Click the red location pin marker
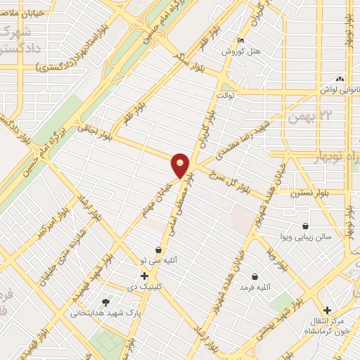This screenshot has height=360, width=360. (x=181, y=165)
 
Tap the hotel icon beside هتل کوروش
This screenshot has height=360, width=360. (x=240, y=40)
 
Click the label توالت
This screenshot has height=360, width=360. (x=224, y=94)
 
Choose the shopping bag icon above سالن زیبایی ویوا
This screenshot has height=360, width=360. (x=306, y=226)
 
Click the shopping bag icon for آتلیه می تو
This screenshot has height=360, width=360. (x=159, y=250)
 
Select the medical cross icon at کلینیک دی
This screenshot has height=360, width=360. (x=144, y=276)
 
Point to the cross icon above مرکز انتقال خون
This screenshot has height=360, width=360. (x=327, y=310)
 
